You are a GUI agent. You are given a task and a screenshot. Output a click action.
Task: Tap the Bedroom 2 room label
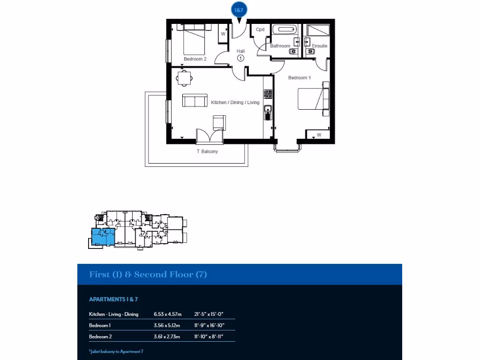tap(195, 59)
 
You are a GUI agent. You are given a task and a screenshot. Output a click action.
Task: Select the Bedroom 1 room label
tap(300, 78)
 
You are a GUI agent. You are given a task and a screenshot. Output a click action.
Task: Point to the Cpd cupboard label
tap(260, 30)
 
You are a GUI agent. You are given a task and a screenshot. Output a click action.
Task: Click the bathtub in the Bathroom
tap(285, 30)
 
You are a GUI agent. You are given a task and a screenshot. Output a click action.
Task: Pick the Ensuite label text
tap(320, 46)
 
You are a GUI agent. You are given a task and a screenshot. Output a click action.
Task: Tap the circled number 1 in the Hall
tap(240, 59)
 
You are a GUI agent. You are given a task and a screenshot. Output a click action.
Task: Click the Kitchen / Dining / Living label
tap(235, 102)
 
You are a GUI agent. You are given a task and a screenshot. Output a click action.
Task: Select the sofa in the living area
tap(195, 100)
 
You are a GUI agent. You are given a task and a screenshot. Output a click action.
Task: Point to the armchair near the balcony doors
tap(219, 122)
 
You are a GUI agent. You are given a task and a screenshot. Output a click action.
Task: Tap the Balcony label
tap(207, 151)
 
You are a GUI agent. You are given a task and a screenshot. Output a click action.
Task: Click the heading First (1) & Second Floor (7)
tap(148, 275)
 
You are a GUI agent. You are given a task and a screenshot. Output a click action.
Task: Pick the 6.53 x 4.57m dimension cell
tap(167, 314)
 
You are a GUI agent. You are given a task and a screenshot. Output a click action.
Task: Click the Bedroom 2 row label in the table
tap(100, 337)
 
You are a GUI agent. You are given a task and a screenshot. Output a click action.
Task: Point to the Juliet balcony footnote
tap(116, 351)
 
